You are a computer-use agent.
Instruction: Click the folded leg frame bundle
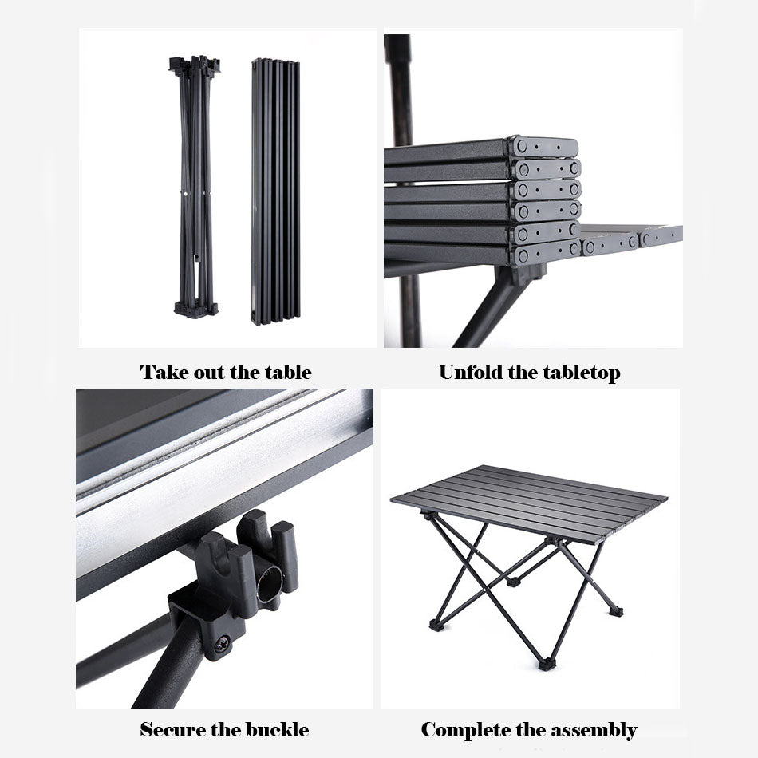pos(195,187)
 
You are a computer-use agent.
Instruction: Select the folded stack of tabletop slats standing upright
pos(275,191)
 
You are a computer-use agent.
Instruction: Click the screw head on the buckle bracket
pos(223,644)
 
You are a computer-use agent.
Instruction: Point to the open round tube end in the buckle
pos(269,584)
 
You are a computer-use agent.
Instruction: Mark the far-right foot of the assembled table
pos(616,610)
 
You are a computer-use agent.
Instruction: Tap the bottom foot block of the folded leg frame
pos(196,310)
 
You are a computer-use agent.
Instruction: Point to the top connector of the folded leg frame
pos(195,64)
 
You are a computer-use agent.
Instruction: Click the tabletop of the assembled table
pos(529,503)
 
